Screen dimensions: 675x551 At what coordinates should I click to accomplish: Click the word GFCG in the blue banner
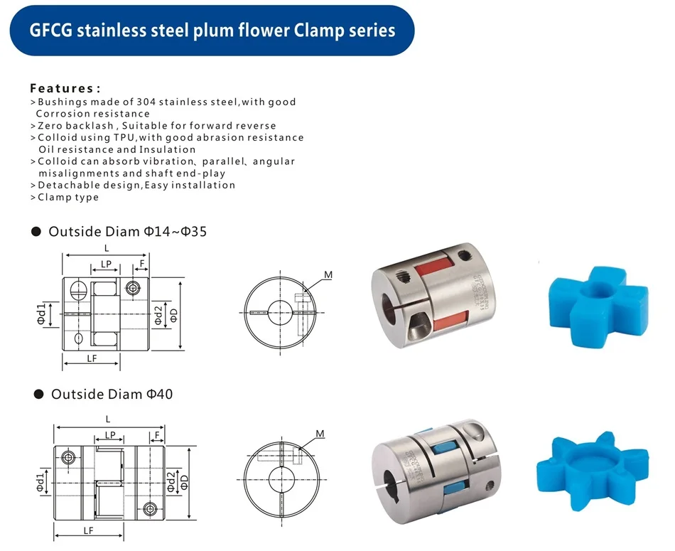pyautogui.click(x=50, y=31)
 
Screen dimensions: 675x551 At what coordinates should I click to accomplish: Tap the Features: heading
pyautogui.click(x=65, y=88)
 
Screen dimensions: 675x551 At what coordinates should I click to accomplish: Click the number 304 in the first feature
pyautogui.click(x=146, y=102)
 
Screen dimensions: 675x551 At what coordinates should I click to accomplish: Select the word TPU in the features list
pyautogui.click(x=124, y=137)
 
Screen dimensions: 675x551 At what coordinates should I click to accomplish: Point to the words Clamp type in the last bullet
pyautogui.click(x=68, y=198)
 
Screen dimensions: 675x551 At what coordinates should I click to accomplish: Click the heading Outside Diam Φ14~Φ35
pyautogui.click(x=127, y=231)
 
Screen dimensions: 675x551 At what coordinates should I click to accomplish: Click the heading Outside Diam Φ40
pyautogui.click(x=112, y=394)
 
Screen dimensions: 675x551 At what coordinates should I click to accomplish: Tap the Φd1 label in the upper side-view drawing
pyautogui.click(x=41, y=314)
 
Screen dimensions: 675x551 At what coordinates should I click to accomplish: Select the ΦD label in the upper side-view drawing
pyautogui.click(x=173, y=316)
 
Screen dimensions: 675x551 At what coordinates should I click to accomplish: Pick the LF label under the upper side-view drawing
pyautogui.click(x=92, y=358)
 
